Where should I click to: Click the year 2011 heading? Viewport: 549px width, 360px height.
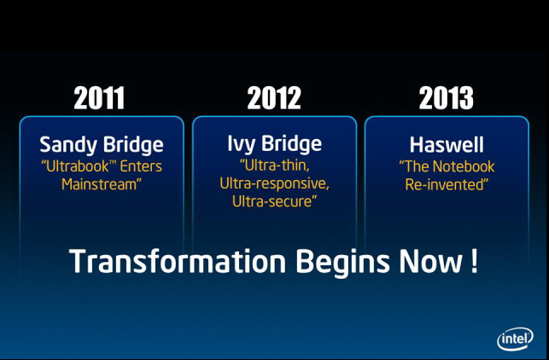tap(99, 97)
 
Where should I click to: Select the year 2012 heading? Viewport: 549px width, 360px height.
tap(274, 97)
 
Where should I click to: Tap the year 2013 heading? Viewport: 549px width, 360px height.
tap(446, 97)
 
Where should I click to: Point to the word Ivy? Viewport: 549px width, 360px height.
tap(240, 144)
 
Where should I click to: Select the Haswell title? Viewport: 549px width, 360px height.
tap(447, 144)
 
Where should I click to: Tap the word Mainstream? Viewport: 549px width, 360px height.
tap(99, 184)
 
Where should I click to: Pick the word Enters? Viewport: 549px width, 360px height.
tap(141, 166)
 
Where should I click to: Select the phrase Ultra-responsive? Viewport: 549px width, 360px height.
tap(274, 183)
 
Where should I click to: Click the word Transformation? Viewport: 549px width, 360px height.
tap(178, 261)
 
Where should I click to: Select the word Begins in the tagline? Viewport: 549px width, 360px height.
tap(342, 263)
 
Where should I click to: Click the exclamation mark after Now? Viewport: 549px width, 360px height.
tap(474, 261)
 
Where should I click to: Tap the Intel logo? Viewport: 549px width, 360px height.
tap(515, 339)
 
